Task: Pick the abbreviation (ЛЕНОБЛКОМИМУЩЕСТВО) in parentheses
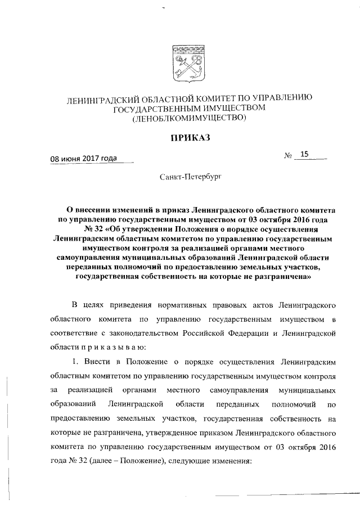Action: pos(189,118)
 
